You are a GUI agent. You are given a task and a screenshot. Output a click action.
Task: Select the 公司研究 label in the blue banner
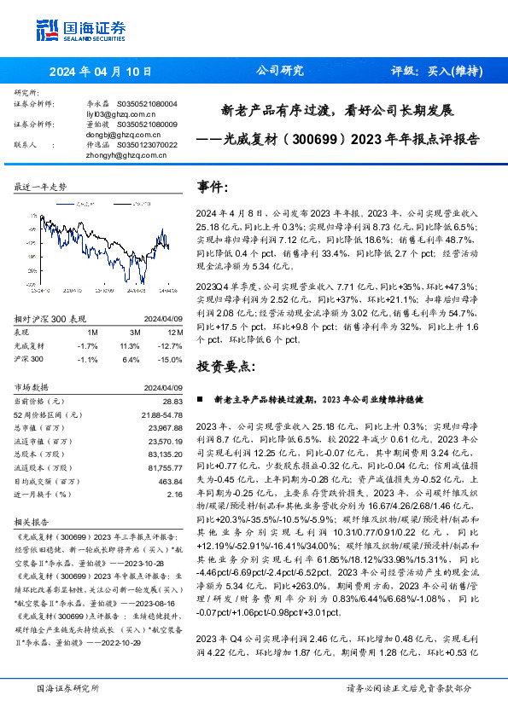[280, 72]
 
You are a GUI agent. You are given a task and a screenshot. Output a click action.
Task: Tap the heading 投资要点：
[225, 365]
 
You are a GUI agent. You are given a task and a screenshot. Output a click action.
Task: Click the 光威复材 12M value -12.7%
[171, 345]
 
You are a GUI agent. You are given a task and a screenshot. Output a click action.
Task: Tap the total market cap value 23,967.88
[165, 428]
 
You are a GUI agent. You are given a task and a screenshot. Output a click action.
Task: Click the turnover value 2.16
[175, 495]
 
